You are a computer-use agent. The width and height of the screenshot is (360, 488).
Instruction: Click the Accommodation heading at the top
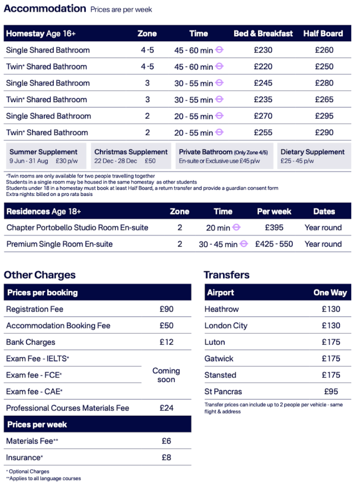[x=45, y=8]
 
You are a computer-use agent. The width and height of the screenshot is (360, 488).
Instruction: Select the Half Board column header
[x=323, y=34]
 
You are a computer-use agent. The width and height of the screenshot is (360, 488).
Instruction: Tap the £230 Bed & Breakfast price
[x=263, y=50]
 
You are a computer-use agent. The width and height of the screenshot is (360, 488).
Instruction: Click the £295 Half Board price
[x=323, y=116]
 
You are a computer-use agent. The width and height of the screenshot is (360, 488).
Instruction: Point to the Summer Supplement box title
[x=43, y=152]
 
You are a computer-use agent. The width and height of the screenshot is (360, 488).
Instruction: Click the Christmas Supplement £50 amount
[x=150, y=161]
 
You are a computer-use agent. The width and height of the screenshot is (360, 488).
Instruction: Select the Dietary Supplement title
[x=312, y=152]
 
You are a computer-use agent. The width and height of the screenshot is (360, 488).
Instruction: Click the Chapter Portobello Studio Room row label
[x=77, y=227]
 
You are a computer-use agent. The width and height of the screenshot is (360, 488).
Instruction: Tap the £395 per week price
[x=274, y=227]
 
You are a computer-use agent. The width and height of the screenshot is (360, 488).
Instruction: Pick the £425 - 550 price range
[x=274, y=244]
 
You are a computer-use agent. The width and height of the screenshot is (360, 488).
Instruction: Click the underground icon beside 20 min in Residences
[x=236, y=228]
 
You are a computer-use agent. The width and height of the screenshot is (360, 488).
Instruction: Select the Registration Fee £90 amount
[x=166, y=309]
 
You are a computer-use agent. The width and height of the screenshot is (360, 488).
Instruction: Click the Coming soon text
[x=166, y=375]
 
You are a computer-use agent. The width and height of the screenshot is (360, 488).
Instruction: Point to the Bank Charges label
[x=30, y=343]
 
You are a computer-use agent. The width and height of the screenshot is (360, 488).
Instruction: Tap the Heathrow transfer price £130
[x=331, y=309]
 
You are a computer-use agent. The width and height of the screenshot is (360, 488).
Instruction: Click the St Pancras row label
[x=223, y=391]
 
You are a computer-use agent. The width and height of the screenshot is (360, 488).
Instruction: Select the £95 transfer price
[x=331, y=391]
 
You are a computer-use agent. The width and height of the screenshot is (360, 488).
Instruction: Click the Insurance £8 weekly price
[x=166, y=458]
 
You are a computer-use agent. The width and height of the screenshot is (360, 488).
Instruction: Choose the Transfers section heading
[x=226, y=275]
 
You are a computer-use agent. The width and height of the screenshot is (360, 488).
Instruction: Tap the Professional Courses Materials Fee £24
[x=166, y=408]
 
